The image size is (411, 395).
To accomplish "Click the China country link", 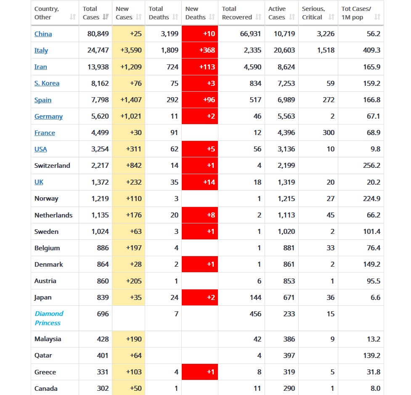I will pyautogui.click(x=43, y=34).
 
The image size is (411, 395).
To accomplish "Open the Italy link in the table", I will pyautogui.click(x=41, y=50).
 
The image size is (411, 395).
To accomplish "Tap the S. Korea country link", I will pyautogui.click(x=47, y=83).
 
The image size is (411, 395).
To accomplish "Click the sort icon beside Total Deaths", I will pyautogui.click(x=176, y=17).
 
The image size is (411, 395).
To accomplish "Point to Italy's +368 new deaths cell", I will pyautogui.click(x=200, y=50).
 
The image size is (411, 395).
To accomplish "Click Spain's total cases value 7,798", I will pyautogui.click(x=100, y=100).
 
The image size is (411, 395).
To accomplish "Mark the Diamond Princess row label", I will pyautogui.click(x=48, y=318).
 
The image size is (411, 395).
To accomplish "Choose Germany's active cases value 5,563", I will pyautogui.click(x=286, y=116).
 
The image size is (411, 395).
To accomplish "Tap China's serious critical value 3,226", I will pyautogui.click(x=326, y=34).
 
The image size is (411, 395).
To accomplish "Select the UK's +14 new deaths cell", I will pyautogui.click(x=200, y=182).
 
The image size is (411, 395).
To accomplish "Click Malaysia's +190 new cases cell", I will pyautogui.click(x=134, y=339).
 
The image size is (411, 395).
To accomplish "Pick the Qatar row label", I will pyautogui.click(x=43, y=355).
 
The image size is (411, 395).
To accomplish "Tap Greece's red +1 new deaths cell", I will pyautogui.click(x=200, y=372).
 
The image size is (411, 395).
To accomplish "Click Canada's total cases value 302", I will pyautogui.click(x=103, y=388).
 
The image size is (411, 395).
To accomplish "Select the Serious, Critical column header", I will pyautogui.click(x=313, y=13).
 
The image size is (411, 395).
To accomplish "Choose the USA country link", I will pyautogui.click(x=41, y=149).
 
